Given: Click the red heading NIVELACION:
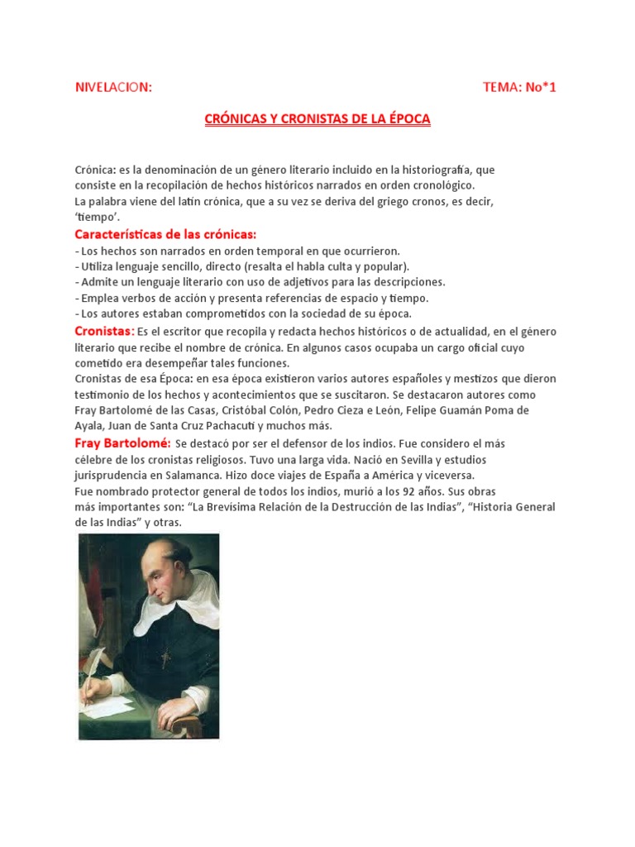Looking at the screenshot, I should pyautogui.click(x=113, y=88).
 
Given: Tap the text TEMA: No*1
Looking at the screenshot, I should pyautogui.click(x=519, y=88).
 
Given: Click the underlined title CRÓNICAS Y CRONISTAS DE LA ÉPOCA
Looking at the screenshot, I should pyautogui.click(x=317, y=119).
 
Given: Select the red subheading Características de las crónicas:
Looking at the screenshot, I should pyautogui.click(x=165, y=234).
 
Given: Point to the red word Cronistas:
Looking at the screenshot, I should pyautogui.click(x=104, y=331).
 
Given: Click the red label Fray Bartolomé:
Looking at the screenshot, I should pyautogui.click(x=122, y=443).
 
